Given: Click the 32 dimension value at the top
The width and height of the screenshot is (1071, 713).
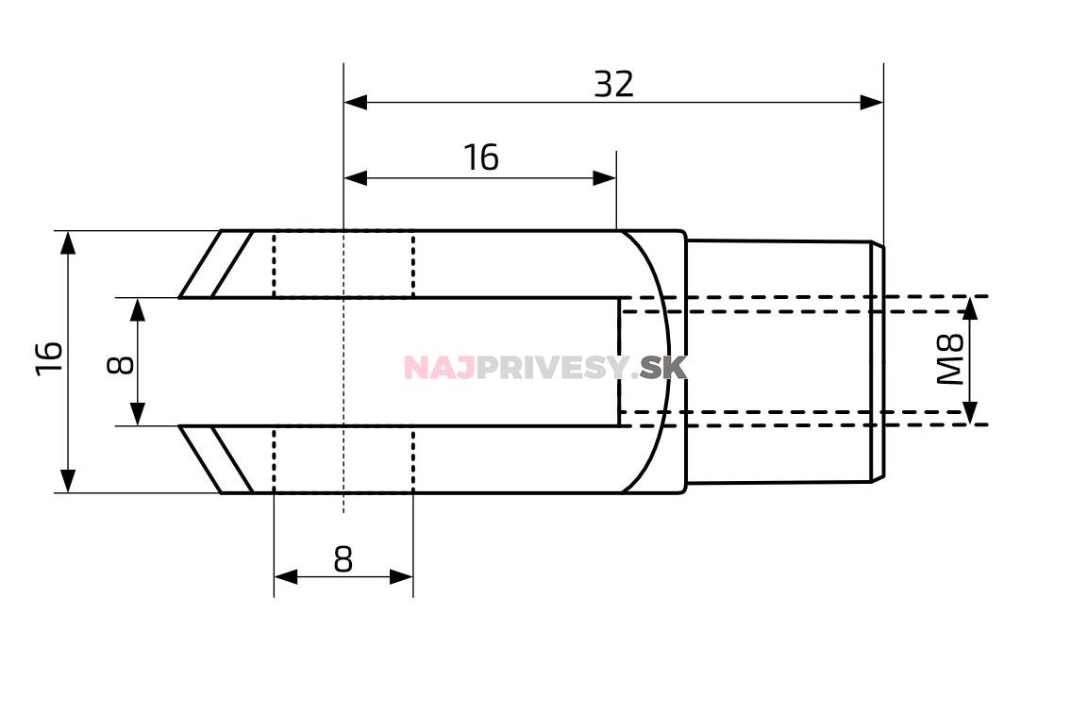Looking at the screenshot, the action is [613, 85].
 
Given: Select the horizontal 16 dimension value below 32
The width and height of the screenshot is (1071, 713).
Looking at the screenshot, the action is [481, 158].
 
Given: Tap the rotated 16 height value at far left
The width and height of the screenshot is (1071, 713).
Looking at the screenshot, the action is [49, 357].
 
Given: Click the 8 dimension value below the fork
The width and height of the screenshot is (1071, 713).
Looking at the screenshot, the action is [343, 560].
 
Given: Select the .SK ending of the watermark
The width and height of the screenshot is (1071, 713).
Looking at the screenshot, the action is [659, 368].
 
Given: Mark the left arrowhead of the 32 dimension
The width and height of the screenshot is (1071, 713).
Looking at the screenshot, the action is [355, 103].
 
